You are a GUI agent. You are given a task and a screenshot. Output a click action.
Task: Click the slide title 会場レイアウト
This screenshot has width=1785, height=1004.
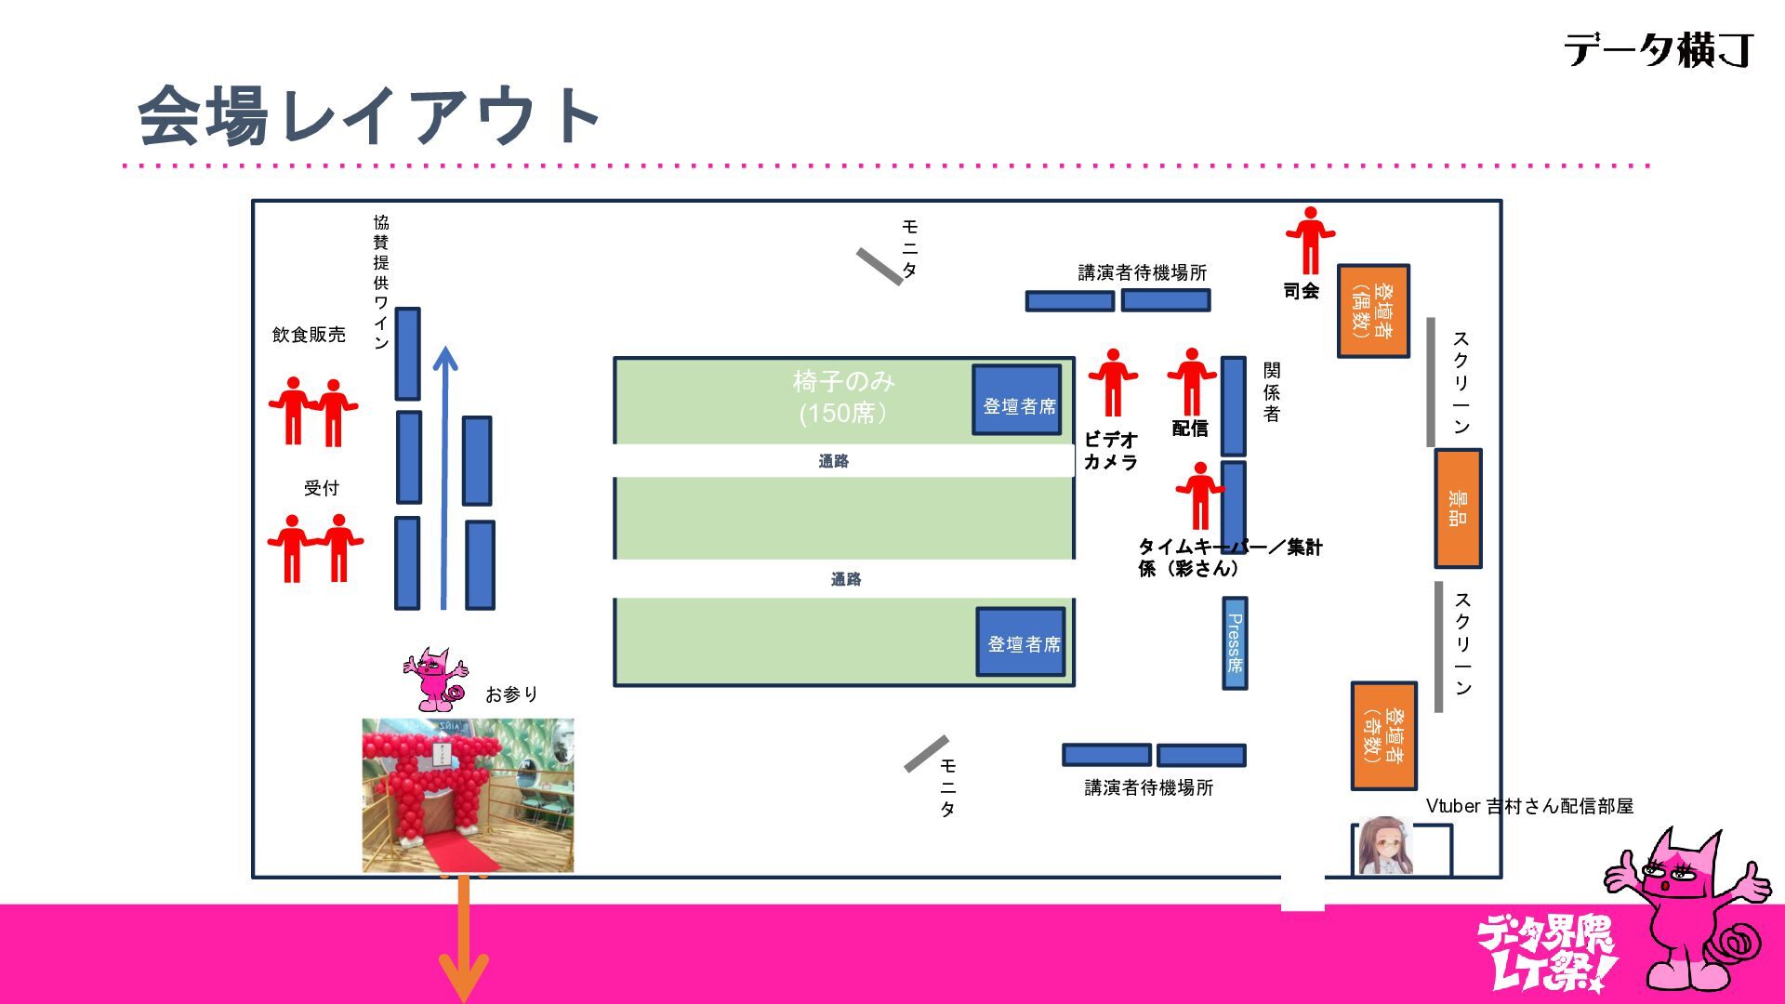[369, 116]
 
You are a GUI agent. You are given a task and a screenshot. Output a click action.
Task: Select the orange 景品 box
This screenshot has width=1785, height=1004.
[1458, 509]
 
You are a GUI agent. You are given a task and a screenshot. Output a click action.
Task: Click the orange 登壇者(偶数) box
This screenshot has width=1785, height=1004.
[1373, 311]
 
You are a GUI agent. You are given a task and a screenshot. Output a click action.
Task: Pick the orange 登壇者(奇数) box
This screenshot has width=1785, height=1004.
[1384, 735]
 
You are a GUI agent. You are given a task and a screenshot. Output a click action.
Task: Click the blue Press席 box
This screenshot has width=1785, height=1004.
[1235, 643]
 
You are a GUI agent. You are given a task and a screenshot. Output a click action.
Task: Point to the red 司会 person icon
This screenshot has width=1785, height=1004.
[1310, 240]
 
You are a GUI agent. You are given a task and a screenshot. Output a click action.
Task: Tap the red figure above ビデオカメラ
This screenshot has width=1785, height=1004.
[1113, 382]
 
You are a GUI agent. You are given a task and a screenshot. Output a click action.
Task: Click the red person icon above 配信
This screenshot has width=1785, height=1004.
[1192, 381]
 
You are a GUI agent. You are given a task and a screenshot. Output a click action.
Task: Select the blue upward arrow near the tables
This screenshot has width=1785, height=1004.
[444, 478]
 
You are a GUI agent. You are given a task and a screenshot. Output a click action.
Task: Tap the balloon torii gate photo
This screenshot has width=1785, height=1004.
[468, 795]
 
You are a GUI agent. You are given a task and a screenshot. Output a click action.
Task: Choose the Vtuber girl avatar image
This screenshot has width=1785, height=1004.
[1385, 846]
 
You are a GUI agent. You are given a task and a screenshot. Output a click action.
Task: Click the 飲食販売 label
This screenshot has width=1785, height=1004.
[309, 335]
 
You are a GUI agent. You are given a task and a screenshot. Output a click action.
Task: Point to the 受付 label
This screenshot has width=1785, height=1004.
[322, 488]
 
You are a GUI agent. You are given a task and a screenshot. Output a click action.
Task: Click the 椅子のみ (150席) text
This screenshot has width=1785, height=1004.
[843, 397]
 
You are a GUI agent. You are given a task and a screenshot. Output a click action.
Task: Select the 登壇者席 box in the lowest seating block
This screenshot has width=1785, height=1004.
[1021, 642]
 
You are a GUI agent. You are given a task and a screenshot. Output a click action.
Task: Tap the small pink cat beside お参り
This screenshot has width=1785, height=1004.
[434, 679]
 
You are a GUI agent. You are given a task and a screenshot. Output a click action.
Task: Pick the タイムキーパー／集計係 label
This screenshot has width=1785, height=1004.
[1229, 557]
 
